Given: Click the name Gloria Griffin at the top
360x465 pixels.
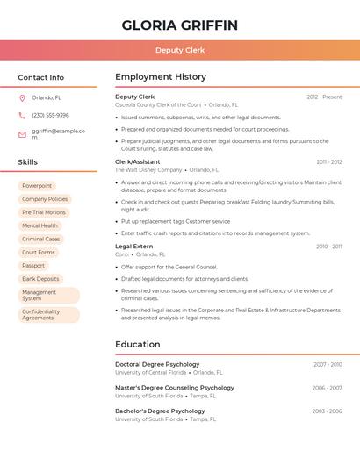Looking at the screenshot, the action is coord(180,25).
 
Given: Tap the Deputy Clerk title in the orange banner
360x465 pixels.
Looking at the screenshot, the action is coord(180,50).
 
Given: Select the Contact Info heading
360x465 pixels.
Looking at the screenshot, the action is coord(41,77).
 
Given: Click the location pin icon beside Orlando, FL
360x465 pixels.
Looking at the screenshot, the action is coord(22,98).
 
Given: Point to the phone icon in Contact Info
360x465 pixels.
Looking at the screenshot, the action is coord(22,115).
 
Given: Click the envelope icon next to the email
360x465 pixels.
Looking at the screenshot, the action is coord(22,134).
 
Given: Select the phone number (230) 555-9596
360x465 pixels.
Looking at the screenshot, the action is coord(50,115).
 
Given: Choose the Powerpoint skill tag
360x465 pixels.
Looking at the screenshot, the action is coord(37,186).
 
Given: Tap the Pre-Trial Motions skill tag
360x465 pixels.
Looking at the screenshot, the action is coord(44,212).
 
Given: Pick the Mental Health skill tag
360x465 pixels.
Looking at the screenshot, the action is coord(40,225).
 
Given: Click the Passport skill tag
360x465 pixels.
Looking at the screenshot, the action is coord(33,266).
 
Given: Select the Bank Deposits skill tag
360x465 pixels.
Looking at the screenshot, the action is coord(40,279).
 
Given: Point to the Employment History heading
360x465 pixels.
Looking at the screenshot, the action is coord(161,77).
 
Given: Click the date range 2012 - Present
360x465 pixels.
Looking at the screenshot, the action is coord(324,97).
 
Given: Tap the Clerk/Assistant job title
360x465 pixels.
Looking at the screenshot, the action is coord(138,161).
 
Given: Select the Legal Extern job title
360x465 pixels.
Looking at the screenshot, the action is coord(134,247).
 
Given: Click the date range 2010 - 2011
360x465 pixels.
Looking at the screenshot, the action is coord(328,247).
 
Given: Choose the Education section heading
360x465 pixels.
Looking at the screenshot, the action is coord(137,345).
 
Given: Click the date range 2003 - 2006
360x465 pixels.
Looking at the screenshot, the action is coord(327,411).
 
